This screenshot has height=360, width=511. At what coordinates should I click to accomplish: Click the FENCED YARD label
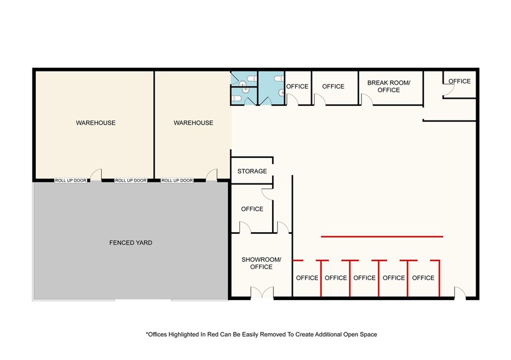coord(131,243)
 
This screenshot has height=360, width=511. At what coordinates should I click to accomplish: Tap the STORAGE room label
coord(252,171)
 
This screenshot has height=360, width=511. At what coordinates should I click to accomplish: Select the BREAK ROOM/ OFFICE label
coord(389,86)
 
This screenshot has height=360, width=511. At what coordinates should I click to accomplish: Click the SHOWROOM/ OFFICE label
coord(261,263)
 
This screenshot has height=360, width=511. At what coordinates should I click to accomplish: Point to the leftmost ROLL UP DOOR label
coord(71,180)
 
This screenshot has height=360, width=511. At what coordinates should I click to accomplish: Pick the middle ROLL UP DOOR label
coord(131,180)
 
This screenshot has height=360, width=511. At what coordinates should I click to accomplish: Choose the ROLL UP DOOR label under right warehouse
coord(177,180)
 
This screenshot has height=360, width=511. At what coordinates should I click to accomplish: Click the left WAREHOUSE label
coord(96,123)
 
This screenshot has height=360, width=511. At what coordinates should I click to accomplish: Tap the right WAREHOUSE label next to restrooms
coord(194,123)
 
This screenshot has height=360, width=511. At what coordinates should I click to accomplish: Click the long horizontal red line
coord(382,236)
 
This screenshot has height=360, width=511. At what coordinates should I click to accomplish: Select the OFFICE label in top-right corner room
coord(460,81)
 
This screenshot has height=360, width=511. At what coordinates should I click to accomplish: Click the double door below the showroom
coord(262,293)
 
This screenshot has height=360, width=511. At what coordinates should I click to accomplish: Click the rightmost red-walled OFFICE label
coord(423,278)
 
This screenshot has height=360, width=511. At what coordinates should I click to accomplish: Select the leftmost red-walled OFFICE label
coord(307,278)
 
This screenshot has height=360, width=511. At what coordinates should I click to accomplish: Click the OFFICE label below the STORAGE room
coord(252,209)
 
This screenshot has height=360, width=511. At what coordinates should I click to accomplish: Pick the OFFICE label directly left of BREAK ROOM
coord(333,86)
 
